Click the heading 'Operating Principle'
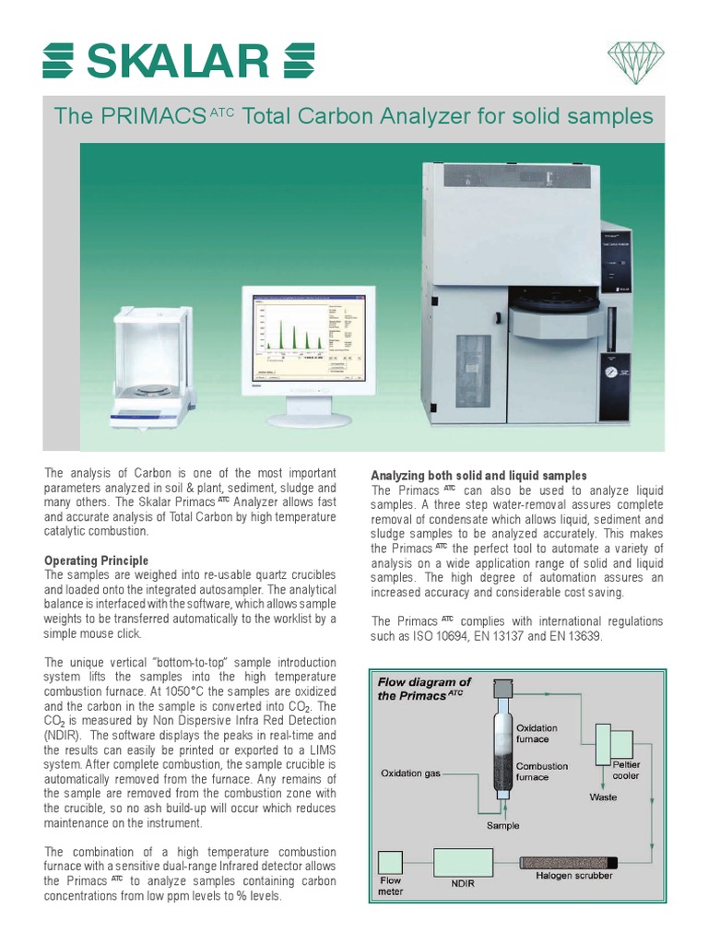point(96,560)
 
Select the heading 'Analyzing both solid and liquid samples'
point(478,475)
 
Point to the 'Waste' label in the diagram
point(604,796)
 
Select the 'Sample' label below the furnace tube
point(503,825)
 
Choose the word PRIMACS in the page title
point(154,117)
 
